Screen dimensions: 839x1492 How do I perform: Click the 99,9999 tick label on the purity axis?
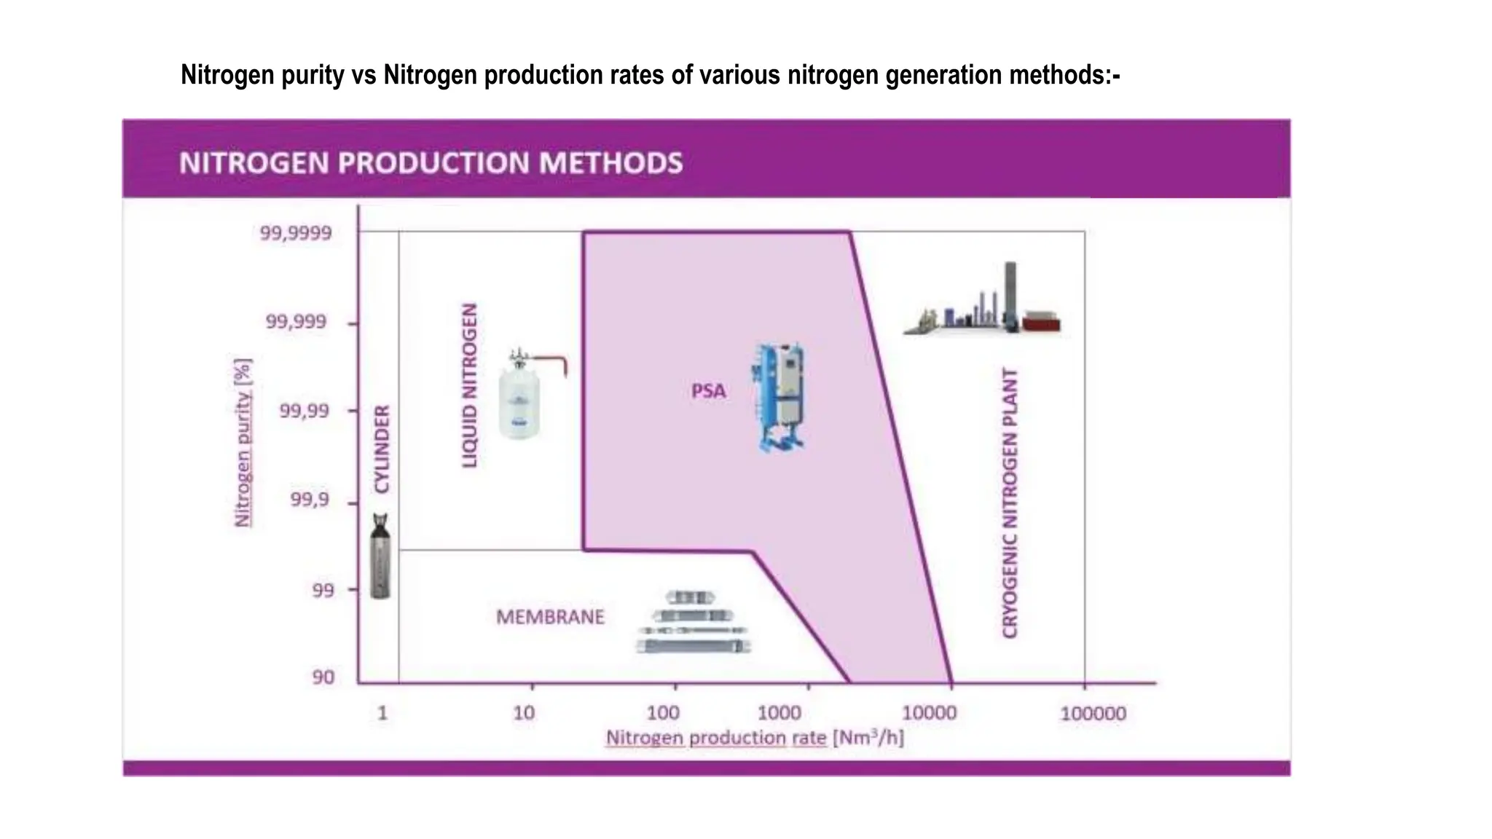(296, 234)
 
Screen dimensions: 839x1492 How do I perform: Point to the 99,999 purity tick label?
(296, 322)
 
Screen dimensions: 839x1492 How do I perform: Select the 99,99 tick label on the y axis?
(305, 411)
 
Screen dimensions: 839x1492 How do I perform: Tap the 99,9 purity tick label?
(310, 500)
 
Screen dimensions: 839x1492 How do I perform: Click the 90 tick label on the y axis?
(323, 677)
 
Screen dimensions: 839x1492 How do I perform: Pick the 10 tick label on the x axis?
(524, 713)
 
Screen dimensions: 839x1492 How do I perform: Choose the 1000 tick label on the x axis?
(780, 713)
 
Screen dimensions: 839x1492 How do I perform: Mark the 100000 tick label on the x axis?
(1093, 714)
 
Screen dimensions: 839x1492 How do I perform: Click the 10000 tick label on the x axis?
(929, 713)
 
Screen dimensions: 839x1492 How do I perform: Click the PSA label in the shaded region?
(709, 391)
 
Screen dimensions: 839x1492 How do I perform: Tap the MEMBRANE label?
(550, 618)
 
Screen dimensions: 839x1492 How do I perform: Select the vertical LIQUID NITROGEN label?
(471, 385)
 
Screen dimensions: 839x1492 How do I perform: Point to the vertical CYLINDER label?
(382, 449)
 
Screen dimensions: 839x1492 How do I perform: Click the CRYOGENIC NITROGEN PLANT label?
(1010, 503)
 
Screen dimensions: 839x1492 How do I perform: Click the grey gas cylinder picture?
(380, 556)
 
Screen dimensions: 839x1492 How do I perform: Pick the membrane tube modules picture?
(693, 623)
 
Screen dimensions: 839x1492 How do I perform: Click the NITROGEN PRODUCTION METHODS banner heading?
(431, 162)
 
